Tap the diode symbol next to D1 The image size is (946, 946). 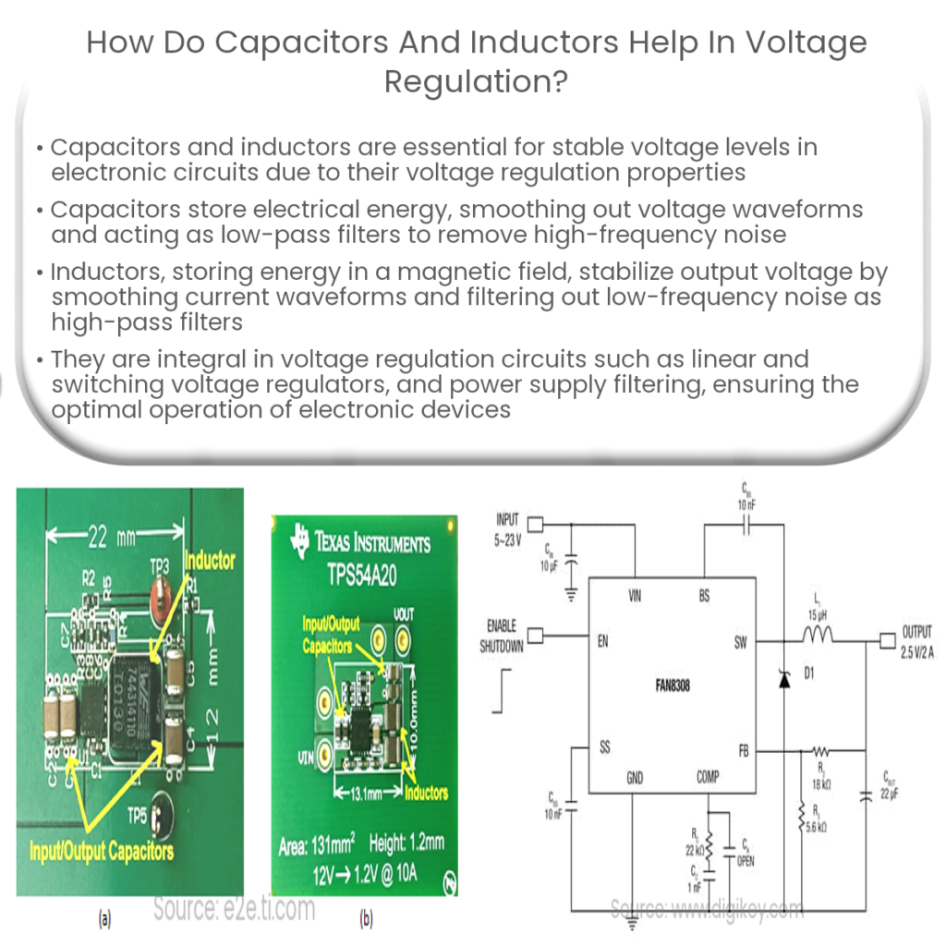point(785,680)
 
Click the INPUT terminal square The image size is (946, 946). point(533,524)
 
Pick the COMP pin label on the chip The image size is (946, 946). point(707,778)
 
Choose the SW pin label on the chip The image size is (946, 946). point(741,643)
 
